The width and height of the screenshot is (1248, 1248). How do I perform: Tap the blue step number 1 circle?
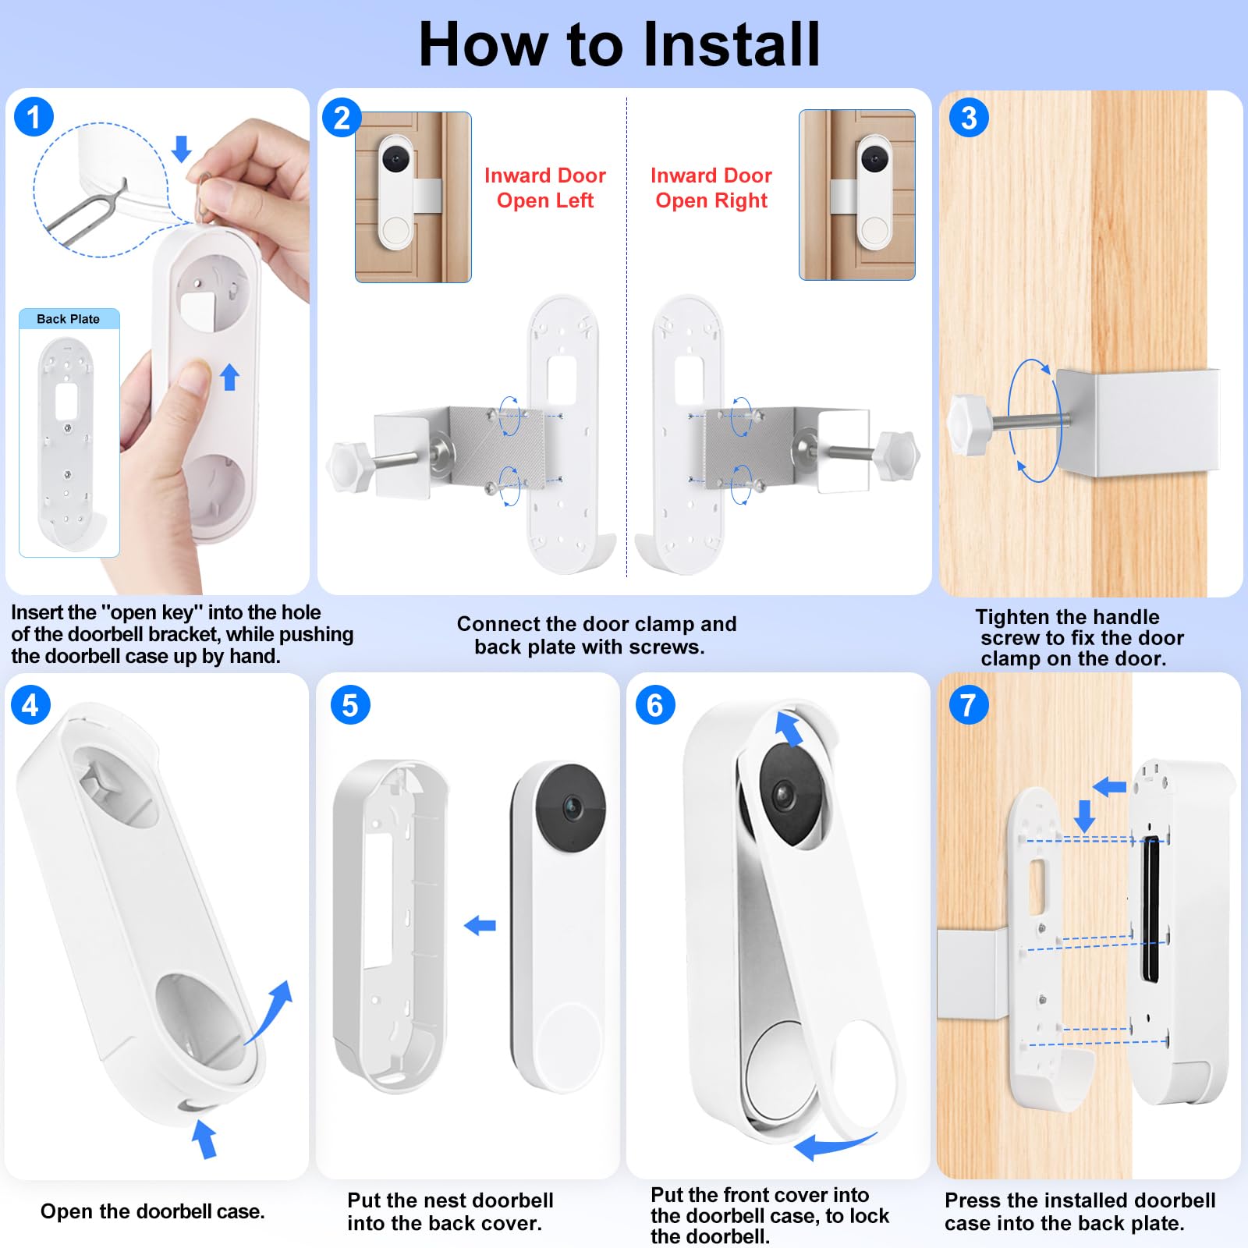click(34, 117)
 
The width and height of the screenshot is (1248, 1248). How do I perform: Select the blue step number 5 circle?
click(350, 705)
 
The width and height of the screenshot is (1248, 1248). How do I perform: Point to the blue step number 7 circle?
click(969, 705)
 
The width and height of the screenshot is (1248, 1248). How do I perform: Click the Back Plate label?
click(69, 319)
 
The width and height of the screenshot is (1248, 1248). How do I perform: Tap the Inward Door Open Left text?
click(545, 188)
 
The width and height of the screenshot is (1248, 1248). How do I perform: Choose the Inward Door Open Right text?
click(711, 188)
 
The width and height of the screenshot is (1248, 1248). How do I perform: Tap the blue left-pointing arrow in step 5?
click(480, 926)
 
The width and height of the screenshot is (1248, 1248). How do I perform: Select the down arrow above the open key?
click(182, 148)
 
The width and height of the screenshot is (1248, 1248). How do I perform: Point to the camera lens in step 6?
click(783, 796)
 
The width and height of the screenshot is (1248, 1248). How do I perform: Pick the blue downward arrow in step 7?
click(1084, 815)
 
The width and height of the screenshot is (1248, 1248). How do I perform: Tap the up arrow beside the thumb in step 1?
click(229, 377)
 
